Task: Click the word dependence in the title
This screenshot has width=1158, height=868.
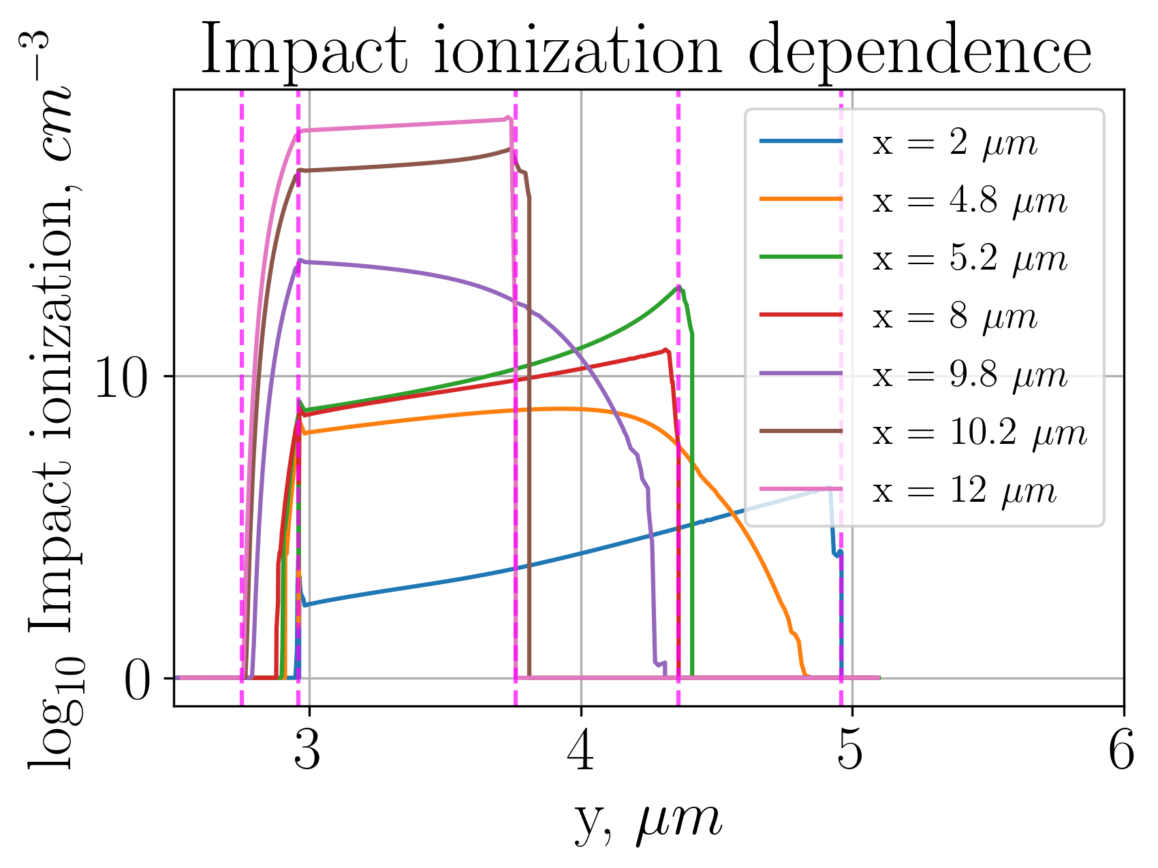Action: [x=920, y=52]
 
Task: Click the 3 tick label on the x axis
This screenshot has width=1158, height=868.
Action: [x=308, y=752]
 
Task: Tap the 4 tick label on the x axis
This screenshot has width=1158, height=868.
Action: [x=581, y=752]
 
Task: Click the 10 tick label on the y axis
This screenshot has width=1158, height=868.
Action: [x=121, y=378]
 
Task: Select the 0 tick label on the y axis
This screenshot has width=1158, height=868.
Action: [x=136, y=681]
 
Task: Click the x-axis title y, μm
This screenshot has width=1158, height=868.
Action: [x=647, y=820]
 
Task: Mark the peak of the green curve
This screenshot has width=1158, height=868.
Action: [x=678, y=287]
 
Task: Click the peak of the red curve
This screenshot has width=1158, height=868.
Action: [x=666, y=350]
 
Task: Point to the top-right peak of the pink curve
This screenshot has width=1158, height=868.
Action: [x=507, y=118]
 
